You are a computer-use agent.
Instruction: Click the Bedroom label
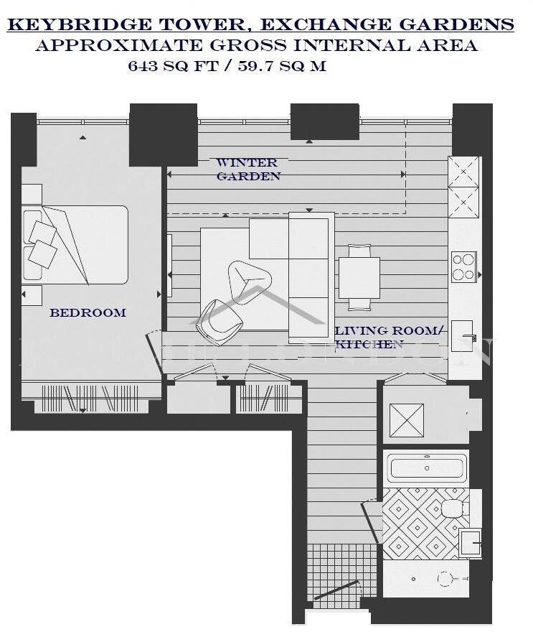tap(88, 313)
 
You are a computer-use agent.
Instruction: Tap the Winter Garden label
tap(247, 169)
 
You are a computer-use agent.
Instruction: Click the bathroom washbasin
tap(469, 542)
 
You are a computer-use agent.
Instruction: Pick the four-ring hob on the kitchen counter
tap(463, 266)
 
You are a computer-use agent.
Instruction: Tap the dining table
tap(359, 277)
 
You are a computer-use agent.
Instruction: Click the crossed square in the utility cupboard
tap(406, 420)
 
